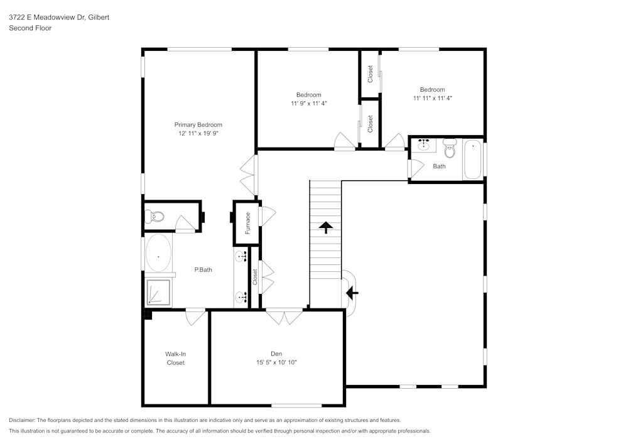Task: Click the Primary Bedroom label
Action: [198, 124]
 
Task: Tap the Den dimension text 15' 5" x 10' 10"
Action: [276, 362]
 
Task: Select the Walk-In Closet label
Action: [175, 358]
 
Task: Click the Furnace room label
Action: [247, 223]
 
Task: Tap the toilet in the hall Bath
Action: [450, 149]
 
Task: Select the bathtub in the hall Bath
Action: [472, 160]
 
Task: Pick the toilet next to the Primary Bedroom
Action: [154, 217]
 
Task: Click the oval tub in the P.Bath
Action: [158, 256]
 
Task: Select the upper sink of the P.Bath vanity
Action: [242, 256]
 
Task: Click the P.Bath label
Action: [203, 270]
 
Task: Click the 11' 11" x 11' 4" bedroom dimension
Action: [433, 98]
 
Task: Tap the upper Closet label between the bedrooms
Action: [371, 74]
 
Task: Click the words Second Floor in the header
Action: [30, 28]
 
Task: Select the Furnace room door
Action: [268, 216]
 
